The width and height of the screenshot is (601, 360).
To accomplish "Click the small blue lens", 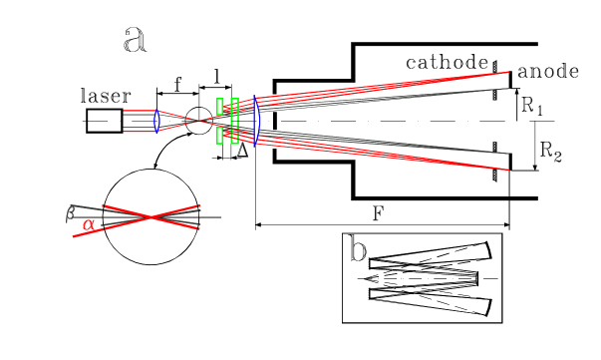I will tap(156, 121).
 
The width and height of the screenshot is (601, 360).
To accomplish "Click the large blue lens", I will tap(255, 121).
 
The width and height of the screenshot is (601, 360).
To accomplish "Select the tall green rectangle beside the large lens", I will tap(234, 121).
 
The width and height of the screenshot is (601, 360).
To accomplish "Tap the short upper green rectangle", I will tap(220, 107).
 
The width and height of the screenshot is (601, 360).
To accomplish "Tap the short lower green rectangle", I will tap(220, 135).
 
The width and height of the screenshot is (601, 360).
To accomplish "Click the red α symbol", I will tap(89, 224).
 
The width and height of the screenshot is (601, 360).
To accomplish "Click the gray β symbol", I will tap(70, 213).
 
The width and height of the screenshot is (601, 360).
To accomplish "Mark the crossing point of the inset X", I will tap(150, 216).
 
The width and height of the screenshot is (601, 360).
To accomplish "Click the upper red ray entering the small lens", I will tap(138, 111).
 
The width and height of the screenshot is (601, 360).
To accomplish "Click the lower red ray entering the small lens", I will tap(138, 131).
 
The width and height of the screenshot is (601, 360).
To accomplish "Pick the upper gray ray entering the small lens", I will tap(138, 115).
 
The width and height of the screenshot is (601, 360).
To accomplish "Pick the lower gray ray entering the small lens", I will tap(138, 127).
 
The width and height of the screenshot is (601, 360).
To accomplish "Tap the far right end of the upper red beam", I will tap(508, 73).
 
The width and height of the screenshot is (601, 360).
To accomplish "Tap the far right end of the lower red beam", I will tap(508, 170).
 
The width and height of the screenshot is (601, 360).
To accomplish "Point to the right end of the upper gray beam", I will tap(508, 89).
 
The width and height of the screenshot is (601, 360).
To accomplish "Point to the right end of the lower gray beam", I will tap(508, 154).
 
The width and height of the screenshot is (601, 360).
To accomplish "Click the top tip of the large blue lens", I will tap(255, 98).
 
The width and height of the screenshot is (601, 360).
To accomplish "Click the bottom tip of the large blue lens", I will tap(255, 145).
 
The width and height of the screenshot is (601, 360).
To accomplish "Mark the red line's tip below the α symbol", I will tap(74, 236).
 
